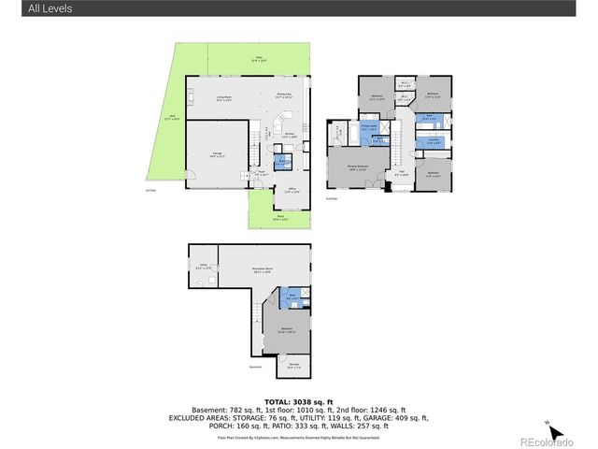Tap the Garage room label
pos(217,156)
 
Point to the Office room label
pos(292,191)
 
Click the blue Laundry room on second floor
pos(434,142)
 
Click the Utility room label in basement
pos(203,268)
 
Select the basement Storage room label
pos(293,365)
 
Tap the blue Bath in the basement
pos(292,297)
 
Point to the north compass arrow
pos(555,431)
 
